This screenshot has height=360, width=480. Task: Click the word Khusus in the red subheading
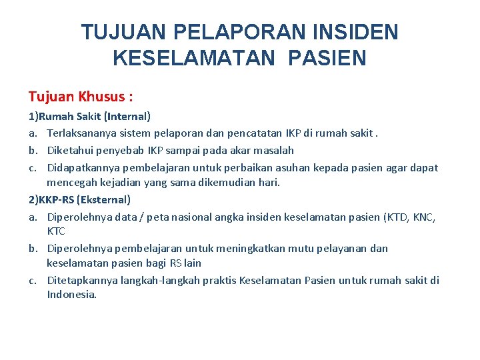click(105, 97)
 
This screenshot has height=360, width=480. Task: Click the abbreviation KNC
click(423, 217)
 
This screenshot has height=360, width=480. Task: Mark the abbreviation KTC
click(56, 231)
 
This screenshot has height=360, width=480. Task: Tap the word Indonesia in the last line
click(71, 294)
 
